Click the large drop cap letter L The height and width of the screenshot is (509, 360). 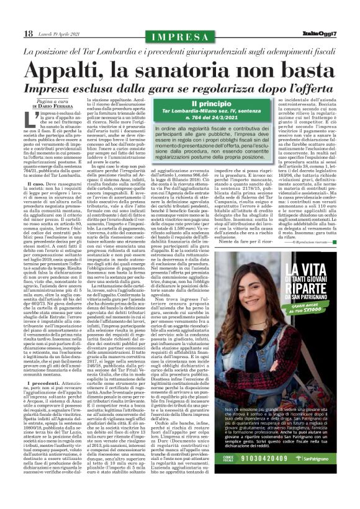pos(30,117)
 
